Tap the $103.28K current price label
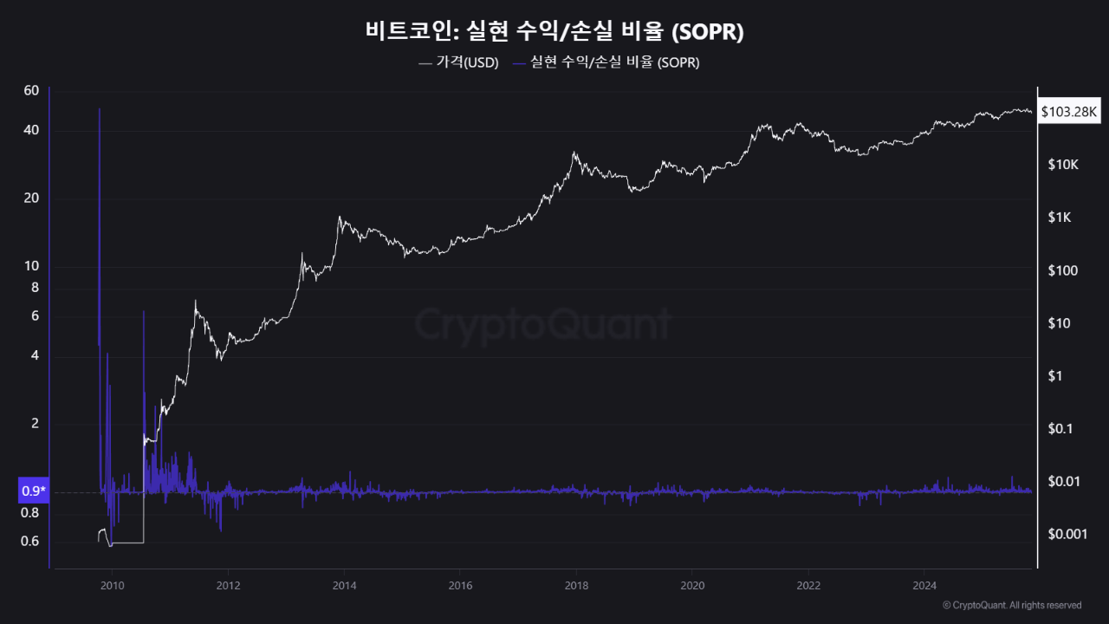(1069, 112)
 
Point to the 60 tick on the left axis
(32, 91)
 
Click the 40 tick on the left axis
(32, 131)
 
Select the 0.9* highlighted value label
(33, 491)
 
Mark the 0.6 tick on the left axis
(30, 542)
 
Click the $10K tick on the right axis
(1061, 165)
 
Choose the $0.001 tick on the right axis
(1066, 534)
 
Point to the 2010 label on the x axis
(112, 584)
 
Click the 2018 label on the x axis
(575, 584)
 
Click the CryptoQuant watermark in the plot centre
(542, 324)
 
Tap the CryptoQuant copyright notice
(1011, 605)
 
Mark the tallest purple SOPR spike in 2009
(100, 110)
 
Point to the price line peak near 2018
(574, 153)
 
